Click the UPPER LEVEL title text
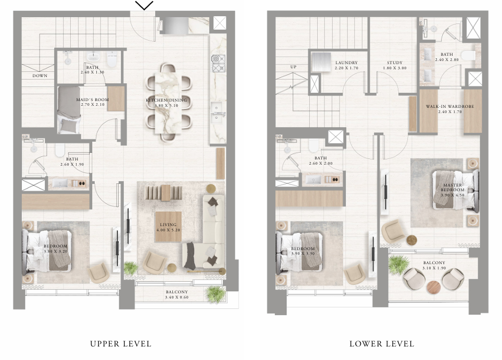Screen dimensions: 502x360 [121, 344]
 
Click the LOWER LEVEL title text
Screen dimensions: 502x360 [382, 344]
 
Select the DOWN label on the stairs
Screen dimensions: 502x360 [40, 76]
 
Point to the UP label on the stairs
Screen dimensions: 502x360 [293, 67]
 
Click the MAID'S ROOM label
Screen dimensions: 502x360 [93, 100]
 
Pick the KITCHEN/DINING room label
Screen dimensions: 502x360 [166, 100]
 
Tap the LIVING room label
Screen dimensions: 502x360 [168, 225]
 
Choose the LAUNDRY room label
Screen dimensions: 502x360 [346, 63]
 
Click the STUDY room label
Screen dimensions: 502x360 [394, 63]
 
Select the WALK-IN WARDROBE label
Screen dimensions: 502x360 [450, 106]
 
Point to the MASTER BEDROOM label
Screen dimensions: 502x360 [453, 188]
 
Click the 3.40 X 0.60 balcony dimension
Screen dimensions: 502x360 [177, 297]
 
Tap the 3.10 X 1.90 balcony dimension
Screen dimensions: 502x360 [434, 268]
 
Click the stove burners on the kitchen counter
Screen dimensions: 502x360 [218, 64]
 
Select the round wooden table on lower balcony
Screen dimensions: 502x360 [433, 287]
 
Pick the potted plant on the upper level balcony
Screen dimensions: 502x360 [215, 294]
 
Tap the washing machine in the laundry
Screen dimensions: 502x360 [320, 62]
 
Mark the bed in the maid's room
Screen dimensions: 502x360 [69, 109]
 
